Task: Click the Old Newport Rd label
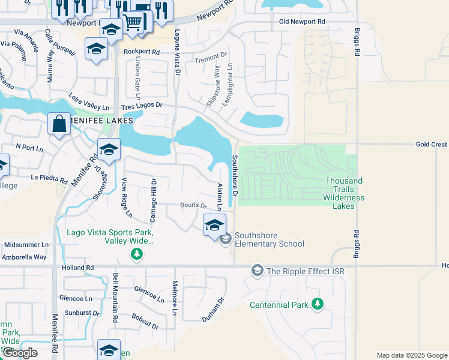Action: coord(302,22)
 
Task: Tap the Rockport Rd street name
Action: coord(142,52)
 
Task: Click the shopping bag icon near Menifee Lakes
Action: coord(60,124)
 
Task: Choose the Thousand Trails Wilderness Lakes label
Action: coord(343,193)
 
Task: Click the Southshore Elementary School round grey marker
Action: coord(226,239)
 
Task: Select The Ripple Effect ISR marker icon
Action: coord(257,271)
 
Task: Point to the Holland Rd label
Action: coord(78,268)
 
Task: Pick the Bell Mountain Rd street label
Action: coord(115,298)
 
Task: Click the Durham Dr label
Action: coord(213,310)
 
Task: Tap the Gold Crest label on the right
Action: coord(432,145)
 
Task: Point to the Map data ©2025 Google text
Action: coord(411,355)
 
